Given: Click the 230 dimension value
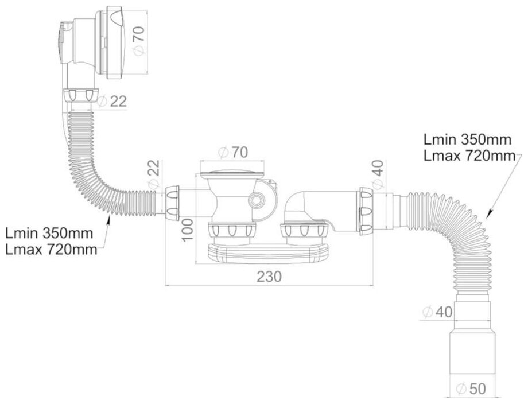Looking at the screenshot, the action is (x=269, y=276).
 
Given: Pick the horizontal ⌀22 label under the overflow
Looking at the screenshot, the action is (x=112, y=101).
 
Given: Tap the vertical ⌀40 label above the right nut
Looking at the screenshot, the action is (x=377, y=174).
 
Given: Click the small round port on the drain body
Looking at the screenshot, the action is (x=256, y=199).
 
